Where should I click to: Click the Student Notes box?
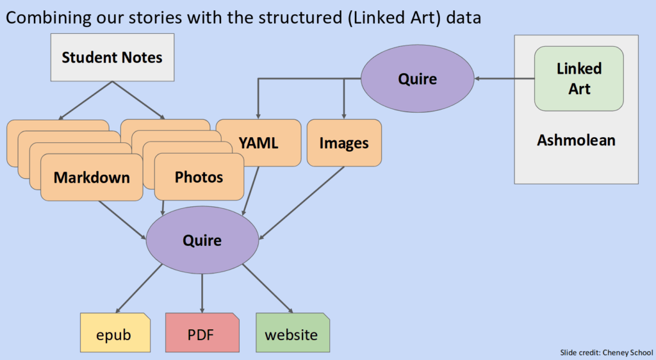point(112,58)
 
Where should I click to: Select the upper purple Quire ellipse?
point(417,79)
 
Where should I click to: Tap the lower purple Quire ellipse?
point(202,240)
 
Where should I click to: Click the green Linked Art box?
point(579,78)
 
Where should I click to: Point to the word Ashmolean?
point(576,140)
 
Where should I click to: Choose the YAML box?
point(258,143)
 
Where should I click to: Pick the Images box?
point(344,143)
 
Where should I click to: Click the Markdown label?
point(92,177)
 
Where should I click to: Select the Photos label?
point(199,177)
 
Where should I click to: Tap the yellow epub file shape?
point(114,334)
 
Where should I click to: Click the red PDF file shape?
point(202,334)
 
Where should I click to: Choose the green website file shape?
point(292,334)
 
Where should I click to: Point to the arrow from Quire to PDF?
point(202,292)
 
